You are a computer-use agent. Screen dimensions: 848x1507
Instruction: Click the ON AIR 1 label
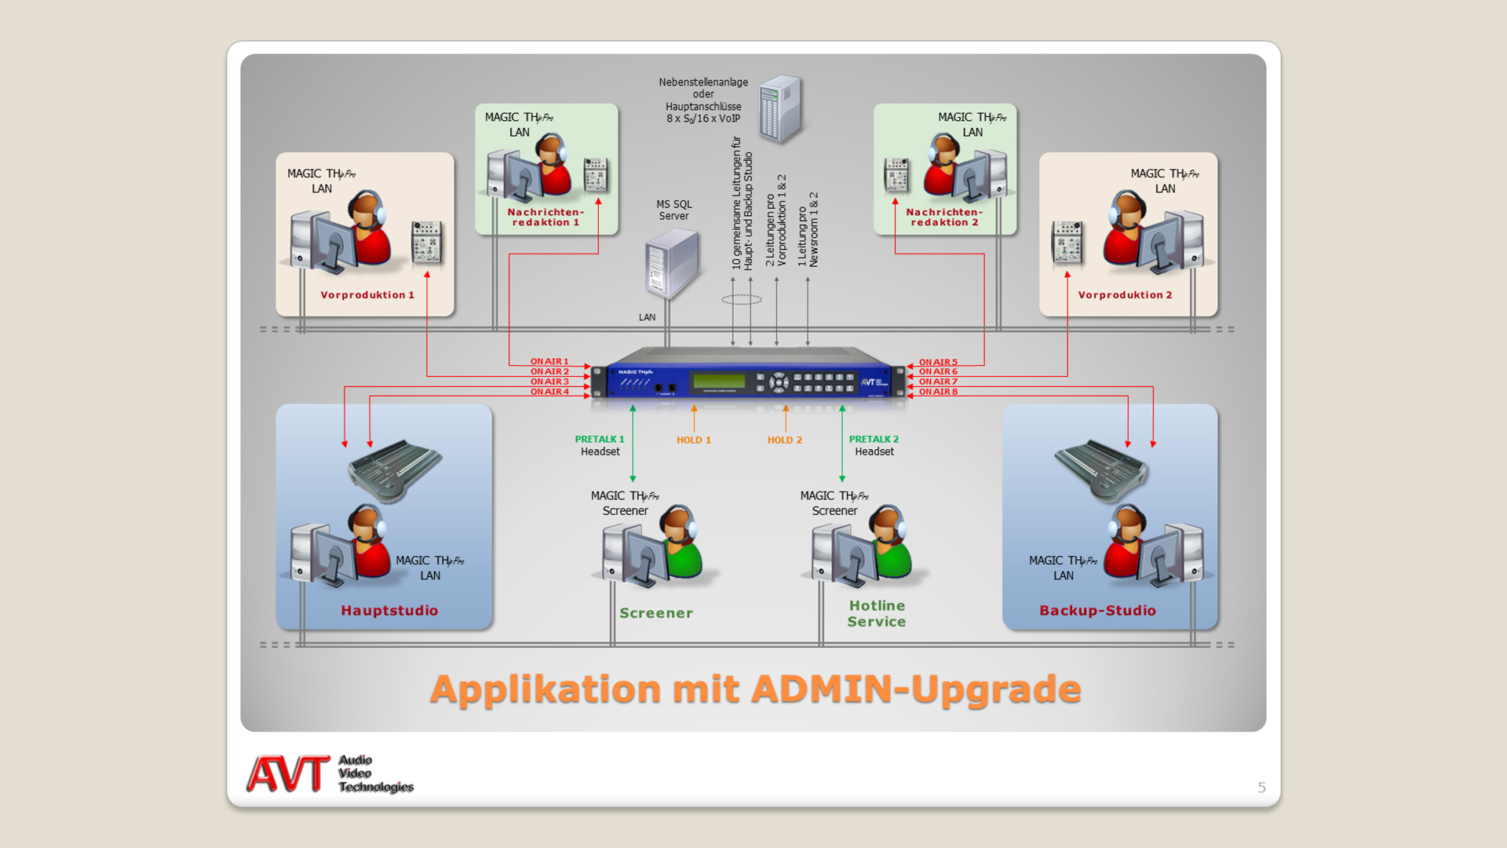click(x=549, y=362)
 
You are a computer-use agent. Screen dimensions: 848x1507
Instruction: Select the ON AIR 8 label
click(x=938, y=392)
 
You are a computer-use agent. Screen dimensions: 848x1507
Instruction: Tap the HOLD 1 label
click(x=694, y=440)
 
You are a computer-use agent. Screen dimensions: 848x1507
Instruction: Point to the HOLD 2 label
click(x=785, y=440)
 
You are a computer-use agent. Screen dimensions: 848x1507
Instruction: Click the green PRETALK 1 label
click(x=600, y=440)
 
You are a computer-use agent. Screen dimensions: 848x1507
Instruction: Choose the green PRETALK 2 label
click(x=874, y=440)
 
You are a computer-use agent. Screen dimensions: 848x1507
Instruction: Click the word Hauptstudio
click(x=389, y=611)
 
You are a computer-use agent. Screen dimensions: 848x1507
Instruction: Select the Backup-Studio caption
click(x=1097, y=611)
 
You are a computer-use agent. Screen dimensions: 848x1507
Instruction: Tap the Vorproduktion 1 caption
click(x=367, y=295)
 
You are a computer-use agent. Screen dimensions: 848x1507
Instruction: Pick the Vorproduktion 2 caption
click(x=1125, y=295)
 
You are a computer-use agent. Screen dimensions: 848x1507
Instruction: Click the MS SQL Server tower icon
click(x=672, y=264)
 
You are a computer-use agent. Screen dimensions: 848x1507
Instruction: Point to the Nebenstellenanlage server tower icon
click(x=780, y=109)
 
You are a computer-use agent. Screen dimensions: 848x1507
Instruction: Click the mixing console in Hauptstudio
click(x=395, y=470)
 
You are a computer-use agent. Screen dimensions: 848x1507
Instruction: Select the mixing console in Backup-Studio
click(x=1100, y=470)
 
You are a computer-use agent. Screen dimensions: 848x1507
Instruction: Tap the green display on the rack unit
click(x=718, y=382)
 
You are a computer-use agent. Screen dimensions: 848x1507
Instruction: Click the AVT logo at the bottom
click(x=288, y=774)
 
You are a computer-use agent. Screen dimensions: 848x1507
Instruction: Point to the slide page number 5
click(x=1261, y=788)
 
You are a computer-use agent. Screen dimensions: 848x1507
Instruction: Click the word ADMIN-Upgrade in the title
click(x=916, y=689)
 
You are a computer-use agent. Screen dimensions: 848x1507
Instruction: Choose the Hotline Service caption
click(x=877, y=614)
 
